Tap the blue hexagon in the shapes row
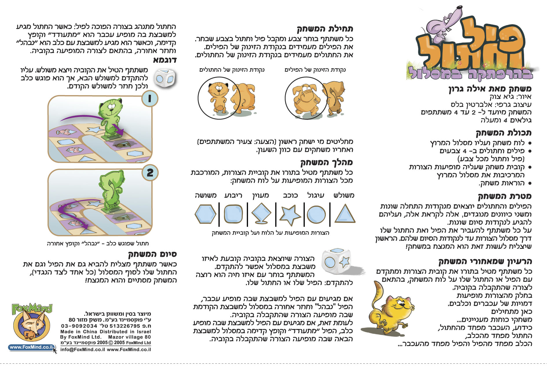tap(205, 214)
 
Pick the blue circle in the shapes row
tap(316, 215)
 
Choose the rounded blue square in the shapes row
tap(233, 214)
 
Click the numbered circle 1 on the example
tap(149, 99)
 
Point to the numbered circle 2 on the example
tap(150, 173)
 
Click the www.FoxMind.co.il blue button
tap(31, 347)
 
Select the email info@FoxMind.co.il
tap(83, 350)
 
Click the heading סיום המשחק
tap(152, 254)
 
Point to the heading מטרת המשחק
tap(505, 197)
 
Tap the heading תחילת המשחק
tap(325, 29)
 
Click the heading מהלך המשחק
tap(327, 162)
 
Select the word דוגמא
tap(165, 60)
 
